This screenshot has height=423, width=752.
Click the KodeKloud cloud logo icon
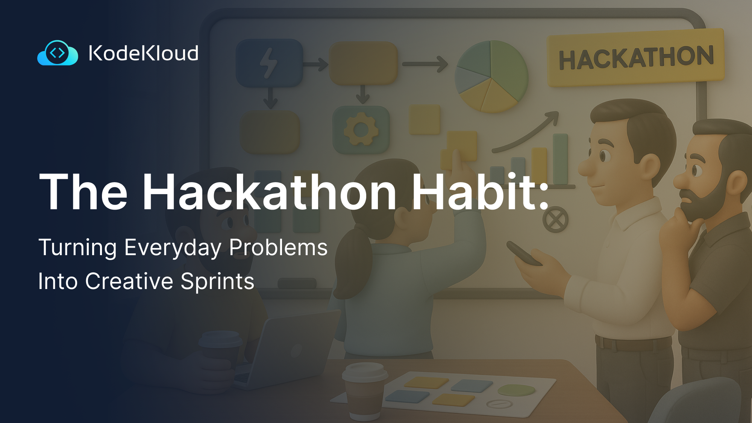pyautogui.click(x=58, y=53)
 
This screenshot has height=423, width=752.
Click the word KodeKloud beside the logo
pyautogui.click(x=143, y=53)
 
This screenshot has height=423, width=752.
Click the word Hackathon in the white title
pyautogui.click(x=269, y=192)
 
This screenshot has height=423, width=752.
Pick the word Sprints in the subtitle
pyautogui.click(x=217, y=281)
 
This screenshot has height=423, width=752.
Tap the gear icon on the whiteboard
pyautogui.click(x=361, y=130)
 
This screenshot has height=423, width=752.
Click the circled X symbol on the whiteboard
pyautogui.click(x=555, y=219)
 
